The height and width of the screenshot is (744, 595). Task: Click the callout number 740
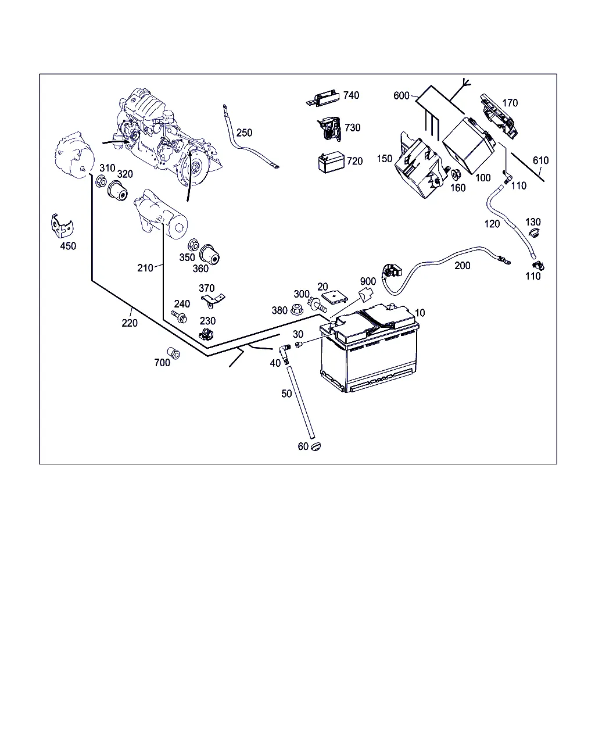[x=351, y=95]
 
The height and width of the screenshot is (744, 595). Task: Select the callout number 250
[x=244, y=133]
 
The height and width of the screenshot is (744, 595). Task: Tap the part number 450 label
[x=68, y=246]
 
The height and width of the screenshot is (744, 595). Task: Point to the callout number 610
[x=540, y=160]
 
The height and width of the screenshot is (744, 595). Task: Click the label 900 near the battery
[x=368, y=282]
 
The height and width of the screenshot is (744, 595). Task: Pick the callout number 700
[x=162, y=363]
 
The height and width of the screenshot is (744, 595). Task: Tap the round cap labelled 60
[x=316, y=446]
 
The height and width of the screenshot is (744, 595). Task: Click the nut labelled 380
[x=296, y=309]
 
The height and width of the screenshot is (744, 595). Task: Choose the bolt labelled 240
[x=180, y=317]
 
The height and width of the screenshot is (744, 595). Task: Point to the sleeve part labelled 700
[x=173, y=353]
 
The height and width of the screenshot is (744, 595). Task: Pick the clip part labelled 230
[x=205, y=334]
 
